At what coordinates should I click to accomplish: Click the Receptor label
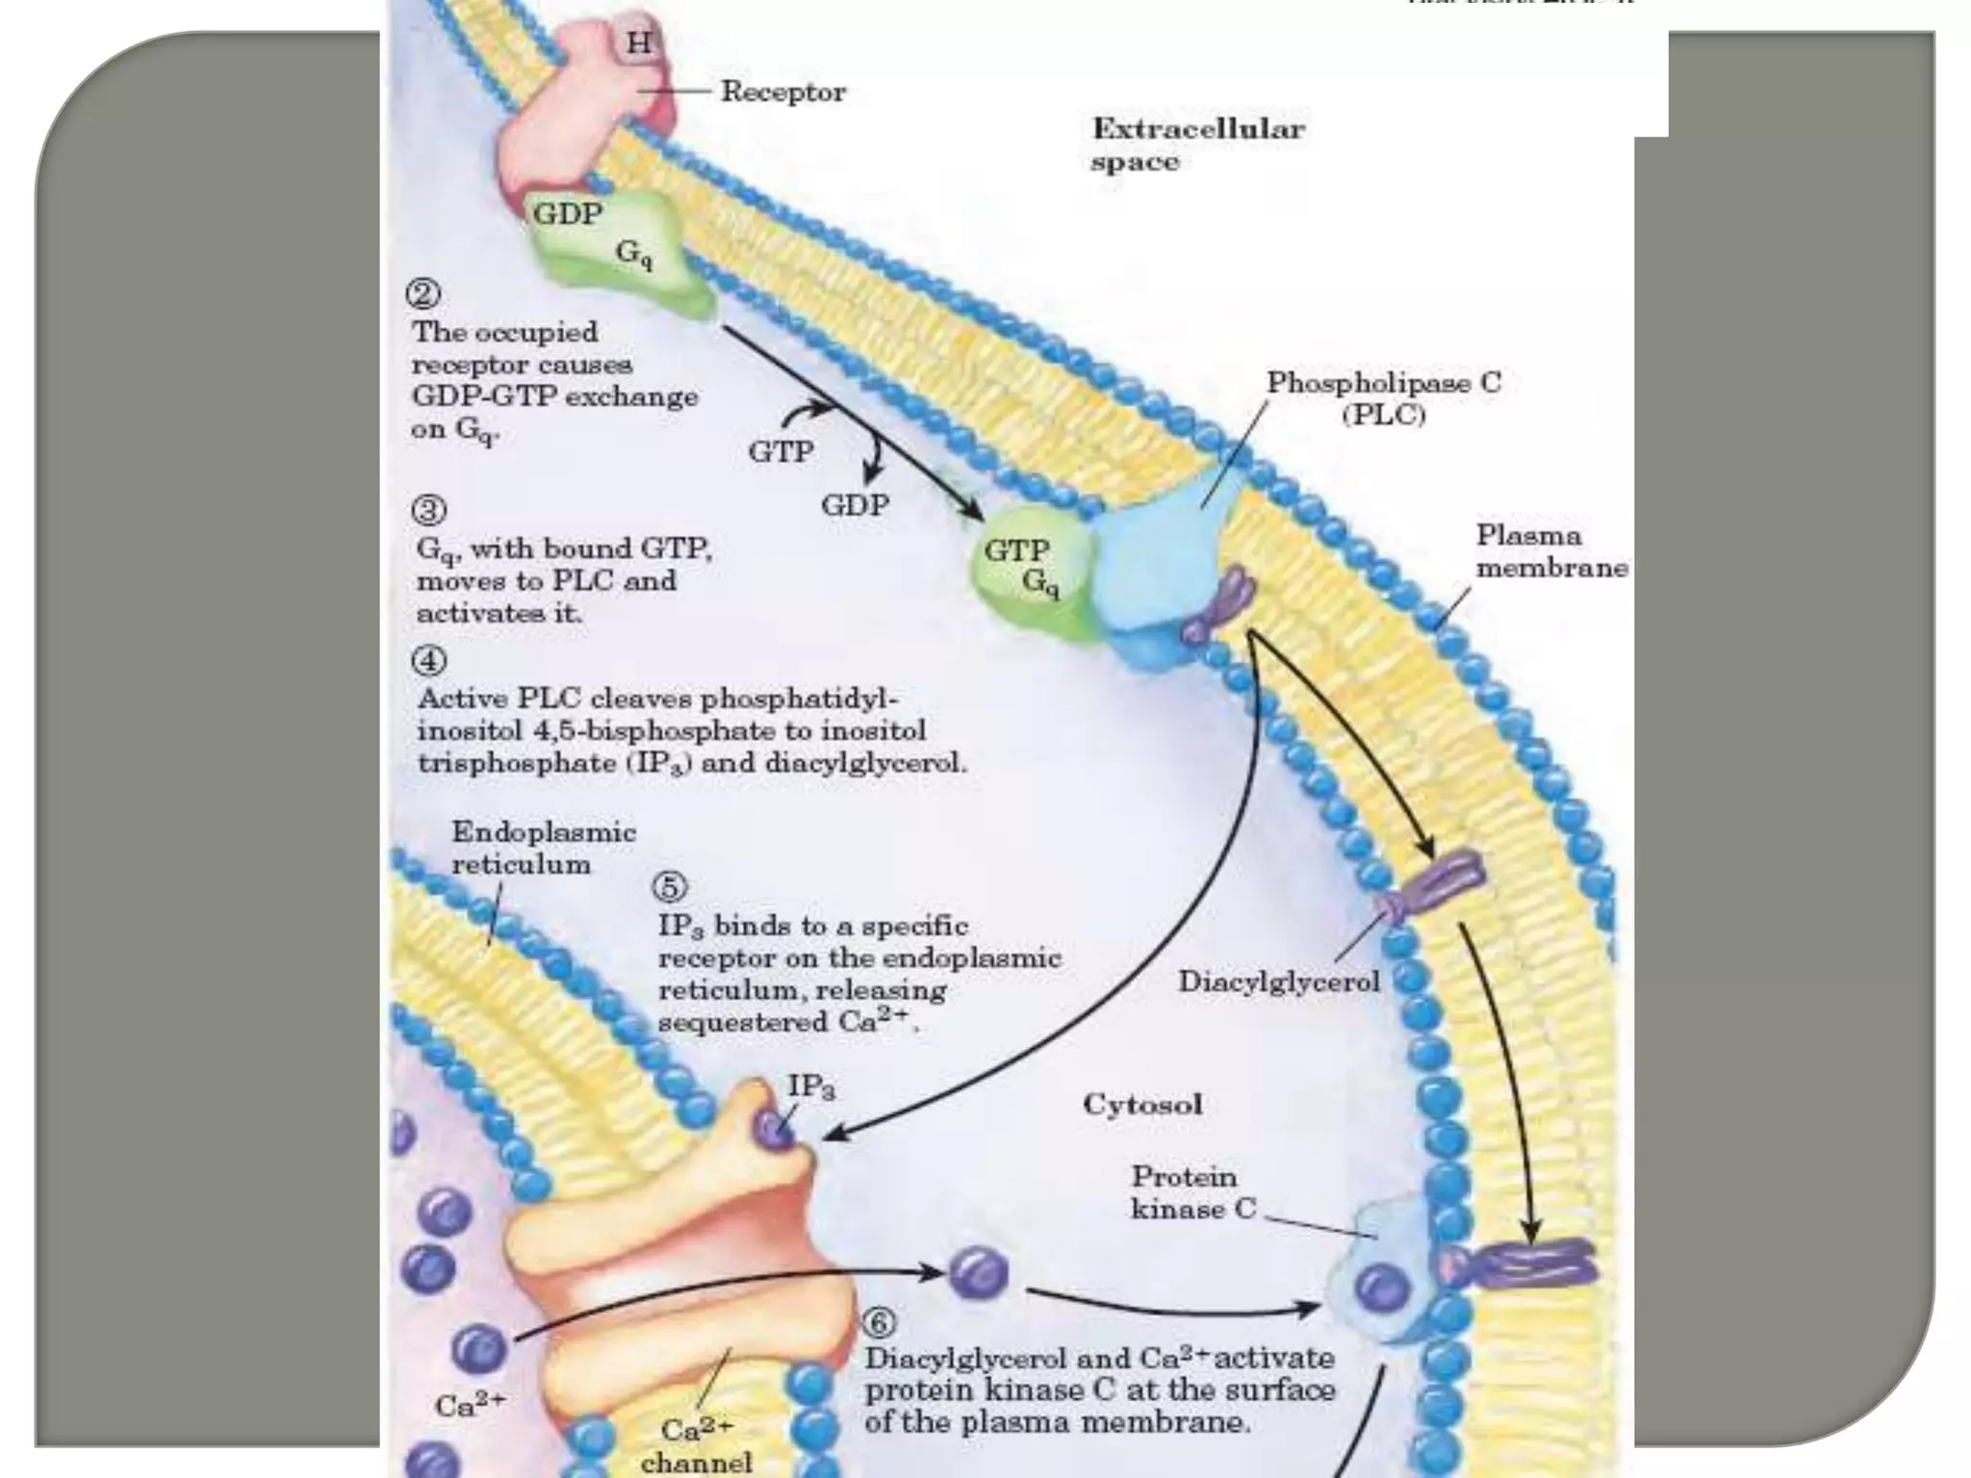pos(782,92)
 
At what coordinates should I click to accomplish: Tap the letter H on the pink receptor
pos(639,43)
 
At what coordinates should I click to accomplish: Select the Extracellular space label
pos(1197,144)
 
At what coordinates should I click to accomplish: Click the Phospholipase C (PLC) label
pos(1383,398)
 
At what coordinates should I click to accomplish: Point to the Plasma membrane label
pos(1551,551)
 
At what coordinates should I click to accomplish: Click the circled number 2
pos(423,293)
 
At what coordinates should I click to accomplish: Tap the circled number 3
pos(429,509)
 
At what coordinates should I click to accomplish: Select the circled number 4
pos(429,661)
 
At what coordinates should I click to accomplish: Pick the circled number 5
pos(670,886)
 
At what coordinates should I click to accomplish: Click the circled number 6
pos(878,1323)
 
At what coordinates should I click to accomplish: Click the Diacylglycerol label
pos(1279,981)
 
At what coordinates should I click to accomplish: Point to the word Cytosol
pos(1142,1104)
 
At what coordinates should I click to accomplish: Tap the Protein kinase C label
pos(1192,1192)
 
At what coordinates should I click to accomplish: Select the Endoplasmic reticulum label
pos(544,848)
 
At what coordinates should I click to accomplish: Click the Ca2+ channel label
pos(696,1445)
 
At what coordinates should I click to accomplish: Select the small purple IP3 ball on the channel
pos(775,1129)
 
